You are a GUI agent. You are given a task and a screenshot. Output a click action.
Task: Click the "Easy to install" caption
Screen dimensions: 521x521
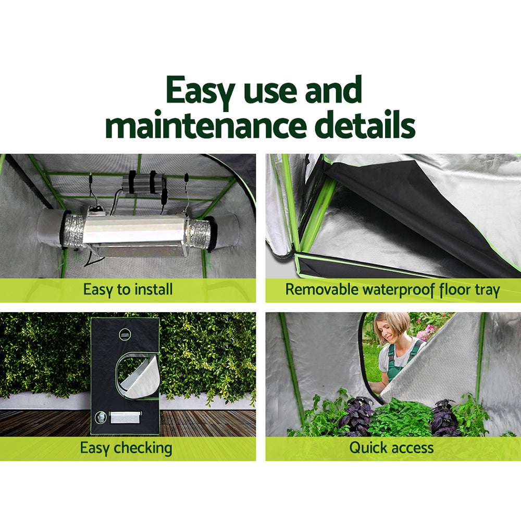tap(128, 289)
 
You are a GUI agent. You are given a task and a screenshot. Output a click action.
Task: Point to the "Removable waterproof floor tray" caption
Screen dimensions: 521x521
tap(392, 289)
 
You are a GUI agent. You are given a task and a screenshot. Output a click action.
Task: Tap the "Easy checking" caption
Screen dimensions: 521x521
tap(126, 448)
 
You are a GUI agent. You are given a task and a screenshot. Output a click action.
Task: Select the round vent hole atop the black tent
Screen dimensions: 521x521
tap(126, 334)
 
